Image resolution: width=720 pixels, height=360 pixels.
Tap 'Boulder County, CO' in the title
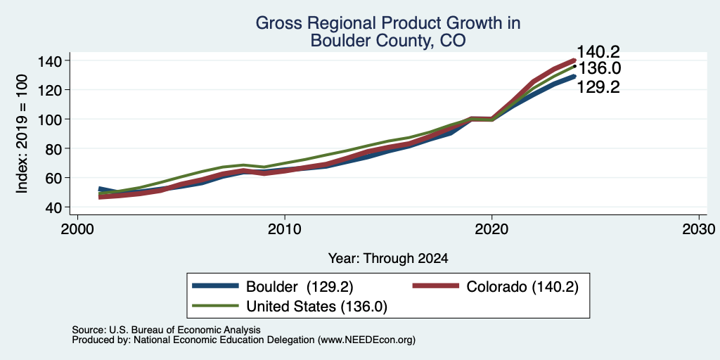[388, 40]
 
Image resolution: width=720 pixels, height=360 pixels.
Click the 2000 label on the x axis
[77, 229]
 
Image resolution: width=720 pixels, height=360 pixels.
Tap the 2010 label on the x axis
[285, 229]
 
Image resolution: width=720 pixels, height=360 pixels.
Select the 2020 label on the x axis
[491, 229]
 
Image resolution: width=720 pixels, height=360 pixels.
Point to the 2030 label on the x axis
[699, 229]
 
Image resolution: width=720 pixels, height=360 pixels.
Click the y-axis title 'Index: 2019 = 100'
[22, 134]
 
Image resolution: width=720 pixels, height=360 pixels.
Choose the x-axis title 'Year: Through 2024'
[388, 259]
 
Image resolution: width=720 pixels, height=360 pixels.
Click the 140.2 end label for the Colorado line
[598, 52]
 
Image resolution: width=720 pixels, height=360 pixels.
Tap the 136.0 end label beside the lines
[598, 68]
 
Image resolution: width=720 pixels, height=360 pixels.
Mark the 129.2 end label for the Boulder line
[598, 86]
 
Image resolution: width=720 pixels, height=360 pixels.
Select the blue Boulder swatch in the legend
[216, 286]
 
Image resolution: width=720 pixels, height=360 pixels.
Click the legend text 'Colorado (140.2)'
[522, 287]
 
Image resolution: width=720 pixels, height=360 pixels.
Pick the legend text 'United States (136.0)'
[317, 307]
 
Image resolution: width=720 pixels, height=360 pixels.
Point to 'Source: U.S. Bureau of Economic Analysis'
[166, 330]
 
